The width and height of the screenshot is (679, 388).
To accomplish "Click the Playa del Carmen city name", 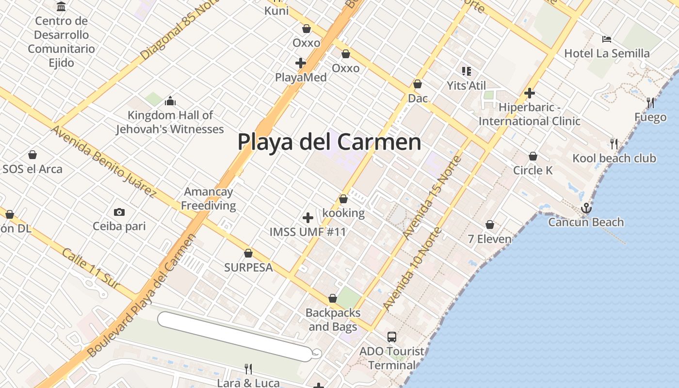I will [329, 142].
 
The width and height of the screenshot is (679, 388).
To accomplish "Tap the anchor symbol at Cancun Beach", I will [586, 209].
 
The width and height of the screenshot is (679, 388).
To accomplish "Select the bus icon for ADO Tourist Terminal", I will [391, 337].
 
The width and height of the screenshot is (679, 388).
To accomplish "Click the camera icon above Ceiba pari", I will [119, 212].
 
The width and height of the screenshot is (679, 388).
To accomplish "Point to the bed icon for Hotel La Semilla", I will [606, 39].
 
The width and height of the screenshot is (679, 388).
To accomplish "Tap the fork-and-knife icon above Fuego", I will [650, 103].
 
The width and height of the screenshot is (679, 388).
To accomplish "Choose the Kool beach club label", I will [614, 158].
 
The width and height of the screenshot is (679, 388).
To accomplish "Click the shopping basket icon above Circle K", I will [533, 156].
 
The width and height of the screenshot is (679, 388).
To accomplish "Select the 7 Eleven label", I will [490, 239].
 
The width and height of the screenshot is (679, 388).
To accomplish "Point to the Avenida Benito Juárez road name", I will [103, 161].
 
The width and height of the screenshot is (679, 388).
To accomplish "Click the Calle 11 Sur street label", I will [91, 269].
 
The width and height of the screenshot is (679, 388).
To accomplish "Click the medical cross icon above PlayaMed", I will [301, 63].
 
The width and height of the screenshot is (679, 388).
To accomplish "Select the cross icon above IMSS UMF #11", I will [307, 218].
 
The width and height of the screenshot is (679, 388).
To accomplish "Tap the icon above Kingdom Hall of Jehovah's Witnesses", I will [170, 101].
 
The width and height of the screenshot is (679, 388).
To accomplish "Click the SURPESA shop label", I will [248, 267].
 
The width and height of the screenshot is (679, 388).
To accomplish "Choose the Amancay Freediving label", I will [209, 198].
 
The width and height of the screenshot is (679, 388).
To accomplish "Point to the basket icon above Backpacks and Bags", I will [333, 298].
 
